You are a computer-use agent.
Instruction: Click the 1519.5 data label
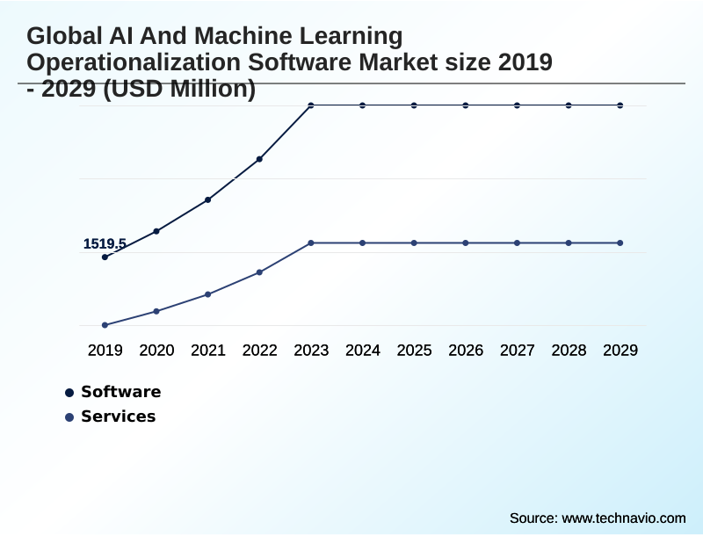(x=105, y=243)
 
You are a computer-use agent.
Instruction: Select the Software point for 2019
(x=105, y=257)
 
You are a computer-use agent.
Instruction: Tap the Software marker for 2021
(x=208, y=199)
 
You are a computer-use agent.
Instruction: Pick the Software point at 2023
(x=311, y=105)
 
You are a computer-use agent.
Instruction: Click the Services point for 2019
(x=105, y=325)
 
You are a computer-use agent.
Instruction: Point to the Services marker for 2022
(x=259, y=272)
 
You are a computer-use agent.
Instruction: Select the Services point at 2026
(x=466, y=243)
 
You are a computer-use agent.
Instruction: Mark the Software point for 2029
(x=620, y=105)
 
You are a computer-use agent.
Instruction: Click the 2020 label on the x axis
(x=156, y=351)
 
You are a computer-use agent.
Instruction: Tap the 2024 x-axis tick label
(x=363, y=351)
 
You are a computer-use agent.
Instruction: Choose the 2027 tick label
(x=518, y=351)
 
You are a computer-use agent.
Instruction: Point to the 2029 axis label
(x=620, y=351)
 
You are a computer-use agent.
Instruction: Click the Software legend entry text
(x=120, y=392)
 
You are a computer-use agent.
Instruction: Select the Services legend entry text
(x=118, y=416)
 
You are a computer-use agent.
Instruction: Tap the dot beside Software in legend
(x=69, y=393)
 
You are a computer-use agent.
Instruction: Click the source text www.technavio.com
(x=623, y=518)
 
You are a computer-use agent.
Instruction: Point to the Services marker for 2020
(x=156, y=311)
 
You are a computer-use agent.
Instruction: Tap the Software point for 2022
(x=259, y=159)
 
